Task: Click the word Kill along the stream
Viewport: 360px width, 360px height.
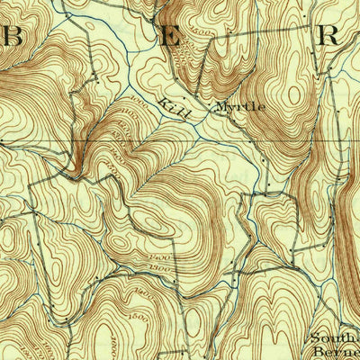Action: click(x=171, y=106)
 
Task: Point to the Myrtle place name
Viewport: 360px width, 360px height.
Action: click(x=240, y=106)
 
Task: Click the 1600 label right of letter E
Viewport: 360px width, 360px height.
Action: click(x=203, y=36)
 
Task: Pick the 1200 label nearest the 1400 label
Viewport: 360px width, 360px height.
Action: click(x=160, y=268)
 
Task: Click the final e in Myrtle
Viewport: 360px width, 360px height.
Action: click(x=262, y=106)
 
